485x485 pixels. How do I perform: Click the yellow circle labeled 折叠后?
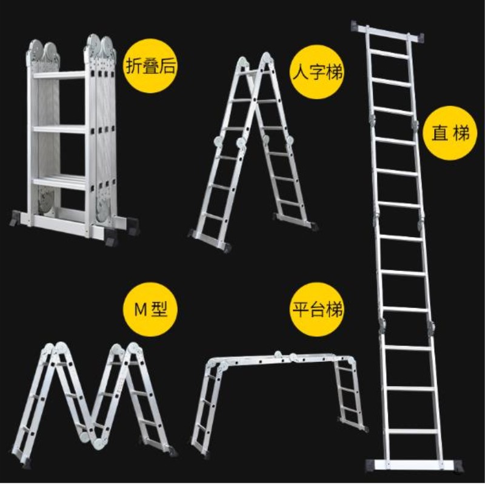(150, 65)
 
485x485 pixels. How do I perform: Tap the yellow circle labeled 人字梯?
(317, 72)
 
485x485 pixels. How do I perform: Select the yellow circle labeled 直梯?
(450, 133)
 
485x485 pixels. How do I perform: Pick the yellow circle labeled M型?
(150, 309)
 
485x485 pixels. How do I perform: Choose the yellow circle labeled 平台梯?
(317, 309)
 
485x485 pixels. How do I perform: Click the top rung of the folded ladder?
(59, 75)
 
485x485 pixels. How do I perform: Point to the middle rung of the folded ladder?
(59, 129)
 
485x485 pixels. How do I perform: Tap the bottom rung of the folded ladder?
(59, 182)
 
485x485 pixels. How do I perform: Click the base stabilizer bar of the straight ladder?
(415, 466)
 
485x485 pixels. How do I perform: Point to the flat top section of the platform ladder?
(281, 359)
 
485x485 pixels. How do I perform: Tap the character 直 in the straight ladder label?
(440, 133)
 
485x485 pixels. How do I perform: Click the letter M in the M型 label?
(141, 310)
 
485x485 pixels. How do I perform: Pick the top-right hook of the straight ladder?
(420, 38)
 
